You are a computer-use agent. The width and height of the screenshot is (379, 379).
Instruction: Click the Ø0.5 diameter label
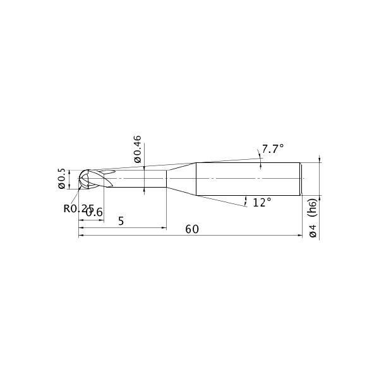pyautogui.click(x=62, y=179)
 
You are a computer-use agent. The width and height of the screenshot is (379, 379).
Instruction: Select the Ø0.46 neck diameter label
pyautogui.click(x=137, y=149)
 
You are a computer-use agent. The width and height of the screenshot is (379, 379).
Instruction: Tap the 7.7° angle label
pyautogui.click(x=273, y=148)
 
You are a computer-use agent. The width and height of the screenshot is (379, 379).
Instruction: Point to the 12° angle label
pyautogui.click(x=262, y=202)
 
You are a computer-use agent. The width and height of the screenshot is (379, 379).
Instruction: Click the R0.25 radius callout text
pyautogui.click(x=78, y=208)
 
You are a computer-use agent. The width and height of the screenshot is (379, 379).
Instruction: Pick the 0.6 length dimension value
pyautogui.click(x=95, y=213)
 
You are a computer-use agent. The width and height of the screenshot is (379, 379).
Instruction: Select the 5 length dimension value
pyautogui.click(x=121, y=221)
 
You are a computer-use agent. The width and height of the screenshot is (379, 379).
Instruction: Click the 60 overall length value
pyautogui.click(x=192, y=229)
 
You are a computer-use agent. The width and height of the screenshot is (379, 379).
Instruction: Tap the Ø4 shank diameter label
pyautogui.click(x=313, y=231)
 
